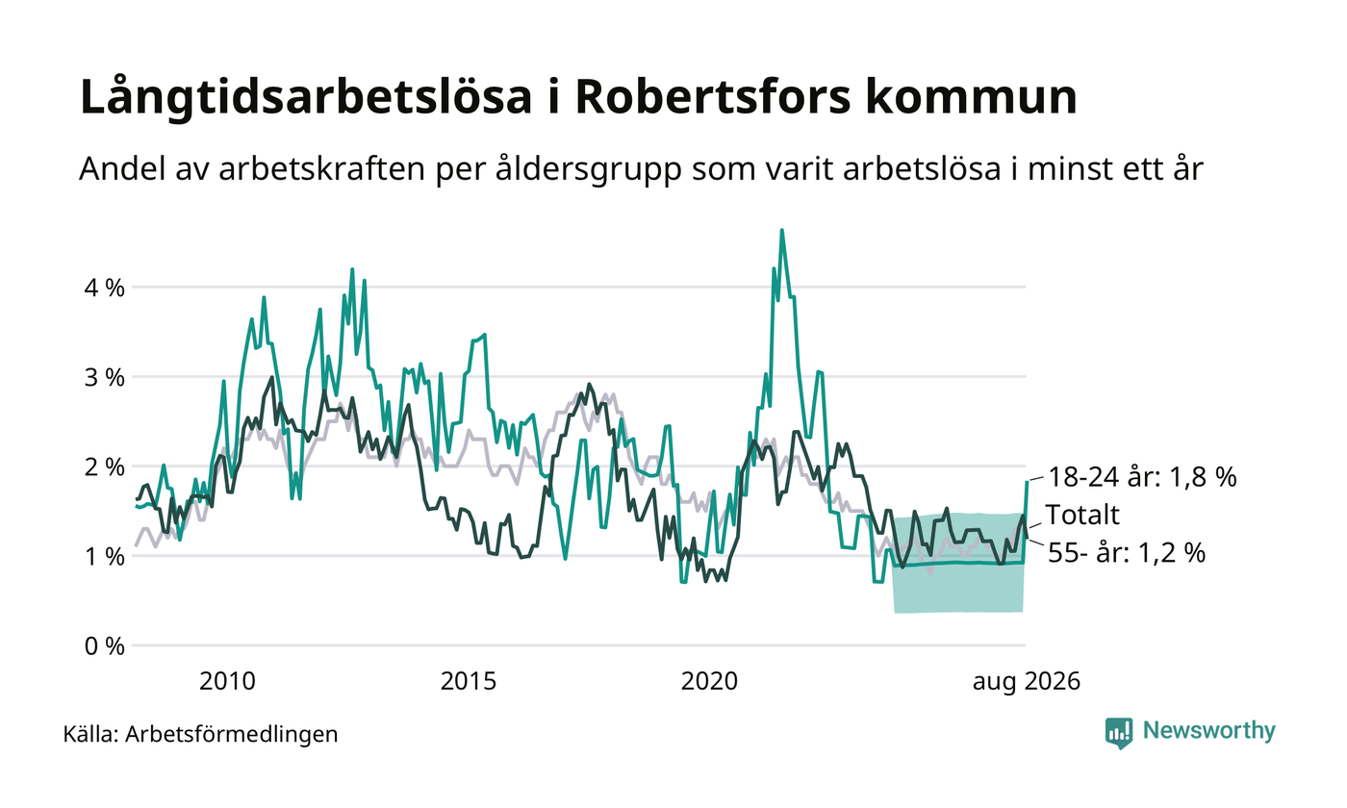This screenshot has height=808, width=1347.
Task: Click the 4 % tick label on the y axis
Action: (104, 288)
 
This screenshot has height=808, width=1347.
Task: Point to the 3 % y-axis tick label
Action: (104, 377)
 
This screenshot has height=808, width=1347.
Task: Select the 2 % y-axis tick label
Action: (104, 467)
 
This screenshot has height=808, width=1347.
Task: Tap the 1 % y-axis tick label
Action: (104, 557)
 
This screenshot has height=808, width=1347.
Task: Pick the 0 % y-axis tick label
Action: (104, 646)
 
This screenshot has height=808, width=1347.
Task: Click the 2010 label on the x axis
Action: (227, 682)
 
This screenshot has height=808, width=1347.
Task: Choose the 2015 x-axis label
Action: (469, 682)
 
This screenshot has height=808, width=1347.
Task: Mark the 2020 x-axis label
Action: (709, 682)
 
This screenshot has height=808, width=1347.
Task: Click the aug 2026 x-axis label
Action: (1027, 682)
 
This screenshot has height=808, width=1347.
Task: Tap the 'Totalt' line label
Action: (1082, 516)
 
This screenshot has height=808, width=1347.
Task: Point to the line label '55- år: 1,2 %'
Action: (1127, 553)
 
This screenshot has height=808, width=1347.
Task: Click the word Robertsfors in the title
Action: (713, 96)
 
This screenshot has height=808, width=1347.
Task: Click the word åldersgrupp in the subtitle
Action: (589, 170)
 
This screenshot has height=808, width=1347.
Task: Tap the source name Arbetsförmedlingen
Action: (232, 735)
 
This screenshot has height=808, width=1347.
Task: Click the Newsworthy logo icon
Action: (1118, 733)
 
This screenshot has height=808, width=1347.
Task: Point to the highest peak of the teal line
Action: (781, 230)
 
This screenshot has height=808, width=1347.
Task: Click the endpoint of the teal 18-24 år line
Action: (1027, 482)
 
